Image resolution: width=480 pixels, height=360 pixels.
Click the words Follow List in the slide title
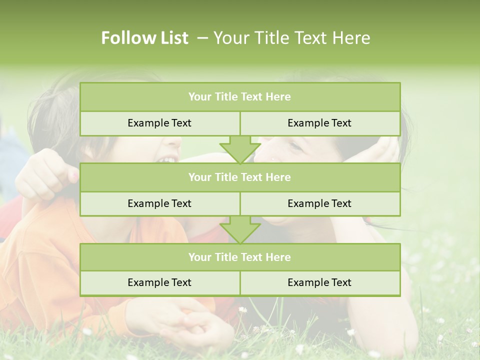(144, 38)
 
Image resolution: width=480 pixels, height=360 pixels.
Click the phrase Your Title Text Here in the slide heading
(291, 38)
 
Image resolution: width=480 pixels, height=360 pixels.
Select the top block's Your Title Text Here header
(239, 97)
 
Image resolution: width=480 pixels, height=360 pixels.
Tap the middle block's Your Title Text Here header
(239, 177)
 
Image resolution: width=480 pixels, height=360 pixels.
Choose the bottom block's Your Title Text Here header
(239, 257)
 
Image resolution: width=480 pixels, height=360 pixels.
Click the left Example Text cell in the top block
(159, 123)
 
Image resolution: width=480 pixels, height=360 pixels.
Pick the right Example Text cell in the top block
(319, 123)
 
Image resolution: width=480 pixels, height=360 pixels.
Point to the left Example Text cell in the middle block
(159, 203)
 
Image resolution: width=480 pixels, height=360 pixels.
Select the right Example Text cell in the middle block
(319, 203)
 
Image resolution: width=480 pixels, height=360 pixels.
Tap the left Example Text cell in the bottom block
(159, 282)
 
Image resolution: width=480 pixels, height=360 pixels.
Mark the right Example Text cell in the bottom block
(319, 282)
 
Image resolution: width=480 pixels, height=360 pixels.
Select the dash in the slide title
(202, 38)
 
